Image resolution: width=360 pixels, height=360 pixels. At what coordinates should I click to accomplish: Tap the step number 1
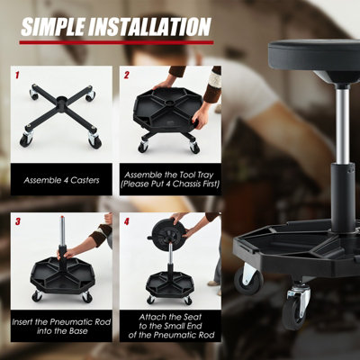[19, 75]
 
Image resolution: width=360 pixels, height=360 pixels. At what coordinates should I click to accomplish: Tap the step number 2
[127, 75]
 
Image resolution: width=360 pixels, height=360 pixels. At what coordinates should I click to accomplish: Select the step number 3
[19, 220]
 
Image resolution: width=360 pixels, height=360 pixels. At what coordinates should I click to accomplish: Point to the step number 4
[127, 220]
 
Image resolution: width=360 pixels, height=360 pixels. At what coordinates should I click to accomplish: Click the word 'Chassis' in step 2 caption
[198, 186]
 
